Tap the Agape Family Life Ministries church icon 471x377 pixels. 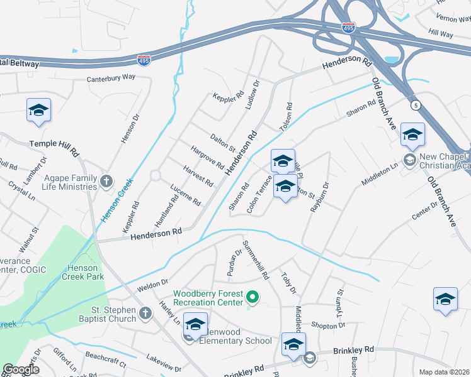[x=106, y=182]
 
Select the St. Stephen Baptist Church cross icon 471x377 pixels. [x=145, y=313]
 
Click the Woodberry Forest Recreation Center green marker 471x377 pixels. [x=253, y=297]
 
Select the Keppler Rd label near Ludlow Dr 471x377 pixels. [x=228, y=97]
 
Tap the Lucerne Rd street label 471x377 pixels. [x=185, y=195]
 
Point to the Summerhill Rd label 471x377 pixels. [x=256, y=260]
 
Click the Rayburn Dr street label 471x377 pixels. [x=320, y=197]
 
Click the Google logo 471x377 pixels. [x=21, y=369]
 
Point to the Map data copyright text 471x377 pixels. [x=444, y=372]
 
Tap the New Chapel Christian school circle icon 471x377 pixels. [x=409, y=160]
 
